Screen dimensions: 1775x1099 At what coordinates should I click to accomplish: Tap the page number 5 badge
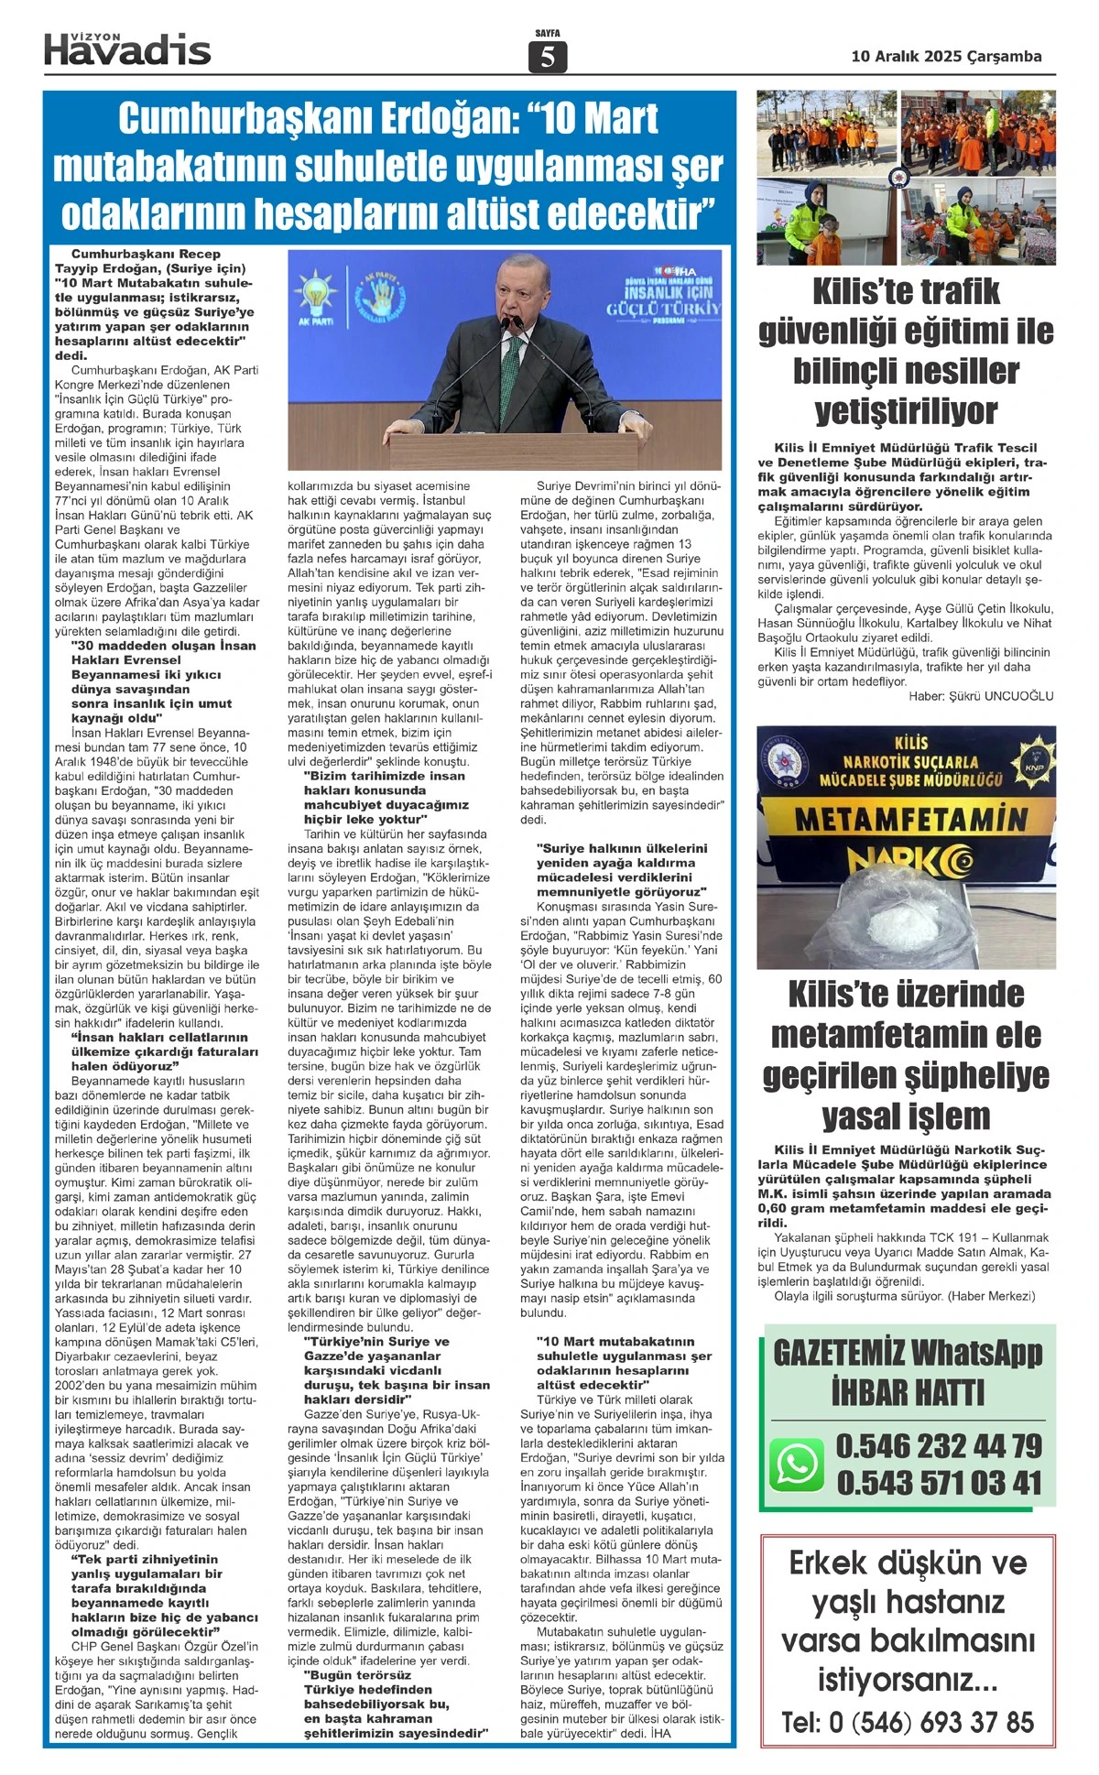548,58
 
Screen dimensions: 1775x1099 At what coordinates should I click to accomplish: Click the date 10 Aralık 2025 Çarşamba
946,57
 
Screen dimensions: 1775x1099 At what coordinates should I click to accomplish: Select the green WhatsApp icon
796,1463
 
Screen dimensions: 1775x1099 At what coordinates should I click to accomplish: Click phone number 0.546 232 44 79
939,1446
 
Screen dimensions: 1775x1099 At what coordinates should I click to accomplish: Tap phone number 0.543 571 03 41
939,1483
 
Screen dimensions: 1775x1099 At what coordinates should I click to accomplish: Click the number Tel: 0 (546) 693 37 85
908,1722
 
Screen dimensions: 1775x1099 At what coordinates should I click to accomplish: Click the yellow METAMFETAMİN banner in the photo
910,817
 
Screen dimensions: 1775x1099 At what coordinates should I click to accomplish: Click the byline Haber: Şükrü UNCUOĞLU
981,696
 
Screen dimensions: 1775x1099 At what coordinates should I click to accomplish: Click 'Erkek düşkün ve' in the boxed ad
908,1563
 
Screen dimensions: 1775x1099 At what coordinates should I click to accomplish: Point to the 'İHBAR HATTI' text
908,1393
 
